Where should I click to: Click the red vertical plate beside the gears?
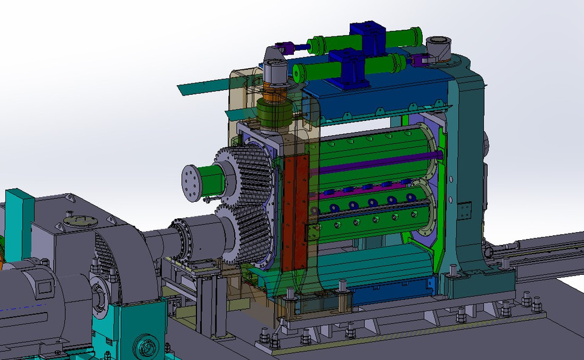tap(294, 213)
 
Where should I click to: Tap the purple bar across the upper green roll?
tap(377, 163)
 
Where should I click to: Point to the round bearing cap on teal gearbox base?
tap(147, 347)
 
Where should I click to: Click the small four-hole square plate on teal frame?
tap(465, 210)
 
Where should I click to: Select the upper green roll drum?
tap(371, 152)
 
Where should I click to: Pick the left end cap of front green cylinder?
tap(298, 73)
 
